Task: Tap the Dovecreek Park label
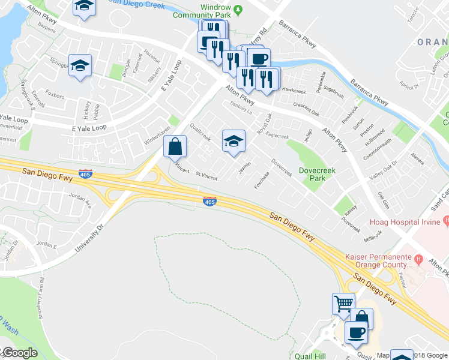(x=320, y=174)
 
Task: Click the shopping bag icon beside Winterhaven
(x=175, y=146)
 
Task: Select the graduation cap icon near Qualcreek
(x=234, y=142)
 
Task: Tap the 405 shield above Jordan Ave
(x=85, y=172)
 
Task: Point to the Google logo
(x=20, y=353)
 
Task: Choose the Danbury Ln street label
(x=241, y=107)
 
